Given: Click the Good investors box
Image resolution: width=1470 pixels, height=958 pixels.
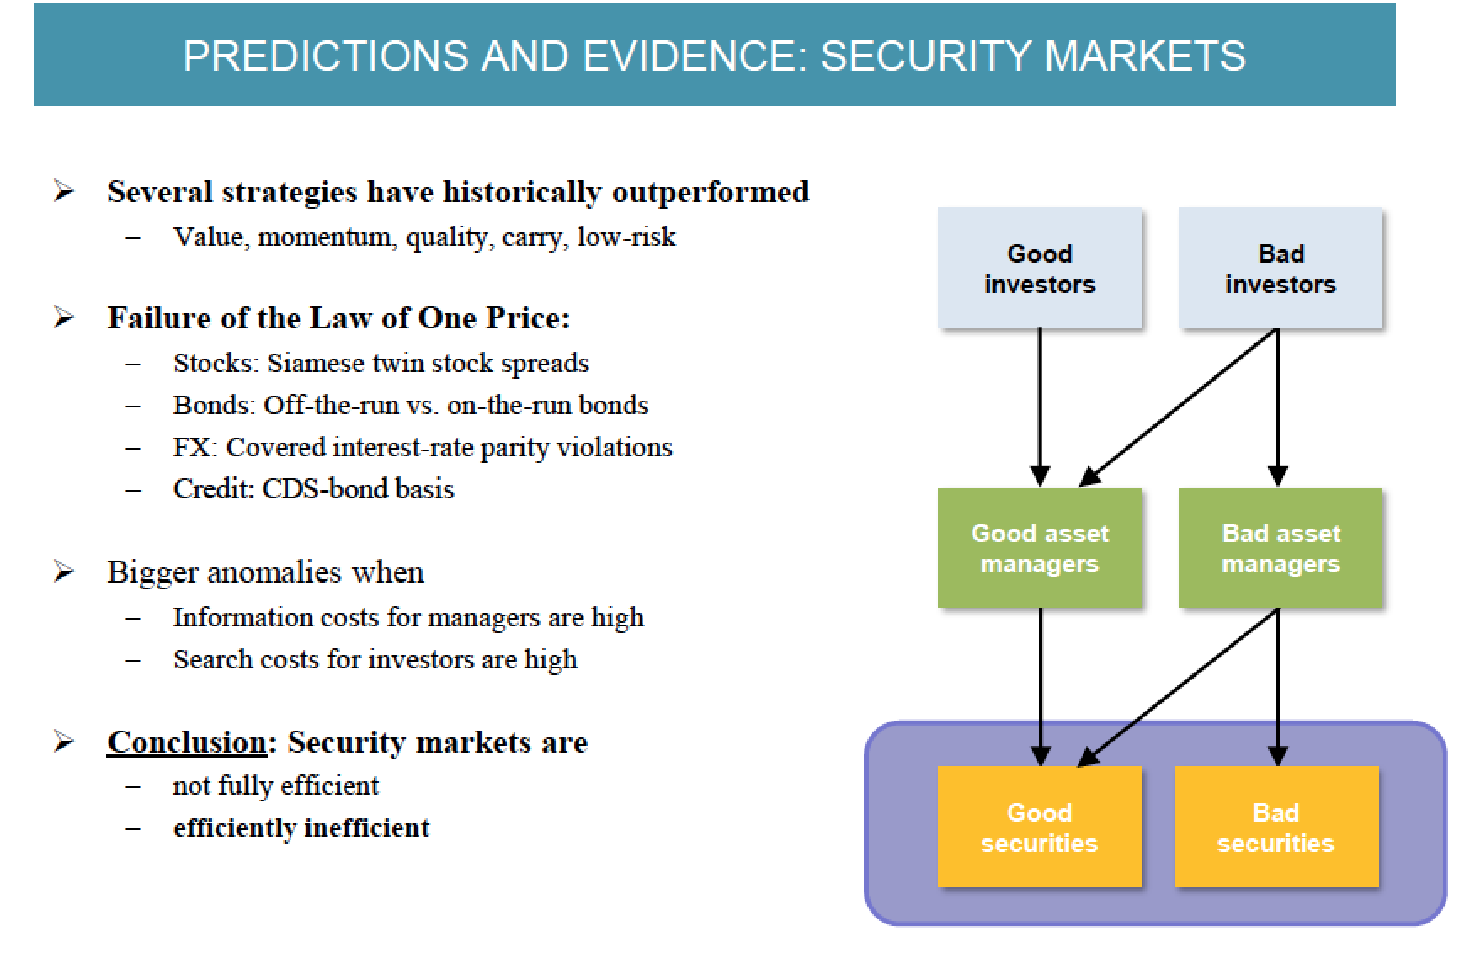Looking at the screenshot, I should (1040, 268).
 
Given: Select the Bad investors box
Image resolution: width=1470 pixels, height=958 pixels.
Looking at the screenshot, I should (1280, 268).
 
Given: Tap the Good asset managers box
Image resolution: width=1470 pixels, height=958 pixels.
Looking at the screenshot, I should (1040, 548).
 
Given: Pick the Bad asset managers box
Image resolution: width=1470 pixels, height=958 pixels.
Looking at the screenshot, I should (1280, 548).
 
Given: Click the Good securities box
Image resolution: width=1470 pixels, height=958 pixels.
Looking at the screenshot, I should (1040, 827).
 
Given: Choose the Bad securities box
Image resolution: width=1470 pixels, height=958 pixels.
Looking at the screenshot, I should (1276, 827).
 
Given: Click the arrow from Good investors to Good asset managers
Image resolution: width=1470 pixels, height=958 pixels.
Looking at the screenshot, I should (1041, 404).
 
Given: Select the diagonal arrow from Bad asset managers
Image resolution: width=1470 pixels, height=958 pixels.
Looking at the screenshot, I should (1179, 686).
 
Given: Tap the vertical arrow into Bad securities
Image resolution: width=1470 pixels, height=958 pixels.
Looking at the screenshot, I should (1278, 686).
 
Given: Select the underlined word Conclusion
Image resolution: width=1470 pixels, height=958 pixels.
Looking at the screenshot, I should (187, 742).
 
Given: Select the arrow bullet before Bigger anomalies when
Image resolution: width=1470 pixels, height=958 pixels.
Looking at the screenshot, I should (64, 572).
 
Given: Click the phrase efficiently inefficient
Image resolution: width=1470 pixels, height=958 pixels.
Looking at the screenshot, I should (301, 828).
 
